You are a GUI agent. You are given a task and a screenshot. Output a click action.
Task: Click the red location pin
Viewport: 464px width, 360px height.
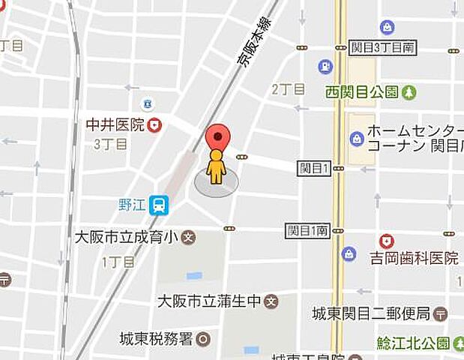click(217, 137)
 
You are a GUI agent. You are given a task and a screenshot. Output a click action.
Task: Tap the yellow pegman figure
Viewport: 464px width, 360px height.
click(217, 166)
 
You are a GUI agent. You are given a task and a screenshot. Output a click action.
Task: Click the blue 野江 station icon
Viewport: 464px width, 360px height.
click(158, 205)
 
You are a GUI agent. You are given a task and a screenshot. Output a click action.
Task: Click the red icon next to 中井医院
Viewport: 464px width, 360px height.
click(155, 125)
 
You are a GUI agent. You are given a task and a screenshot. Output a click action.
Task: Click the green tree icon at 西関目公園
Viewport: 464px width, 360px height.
click(409, 92)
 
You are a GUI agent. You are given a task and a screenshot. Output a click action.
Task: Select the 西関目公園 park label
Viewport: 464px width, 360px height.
click(362, 92)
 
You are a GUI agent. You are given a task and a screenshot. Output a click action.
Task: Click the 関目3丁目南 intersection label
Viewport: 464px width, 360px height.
click(382, 47)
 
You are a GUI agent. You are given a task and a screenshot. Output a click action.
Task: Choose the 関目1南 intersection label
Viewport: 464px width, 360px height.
click(307, 229)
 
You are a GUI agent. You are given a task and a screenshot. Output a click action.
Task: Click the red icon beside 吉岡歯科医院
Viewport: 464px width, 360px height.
click(387, 241)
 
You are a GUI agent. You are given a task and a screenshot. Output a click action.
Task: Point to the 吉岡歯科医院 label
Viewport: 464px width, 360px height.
click(413, 259)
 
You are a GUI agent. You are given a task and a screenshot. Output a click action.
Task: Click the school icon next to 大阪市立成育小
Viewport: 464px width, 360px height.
click(188, 238)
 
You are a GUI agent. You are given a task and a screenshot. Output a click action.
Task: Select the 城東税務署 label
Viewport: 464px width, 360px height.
click(156, 339)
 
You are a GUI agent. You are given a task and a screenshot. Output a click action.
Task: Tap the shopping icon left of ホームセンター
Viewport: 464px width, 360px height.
click(357, 138)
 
